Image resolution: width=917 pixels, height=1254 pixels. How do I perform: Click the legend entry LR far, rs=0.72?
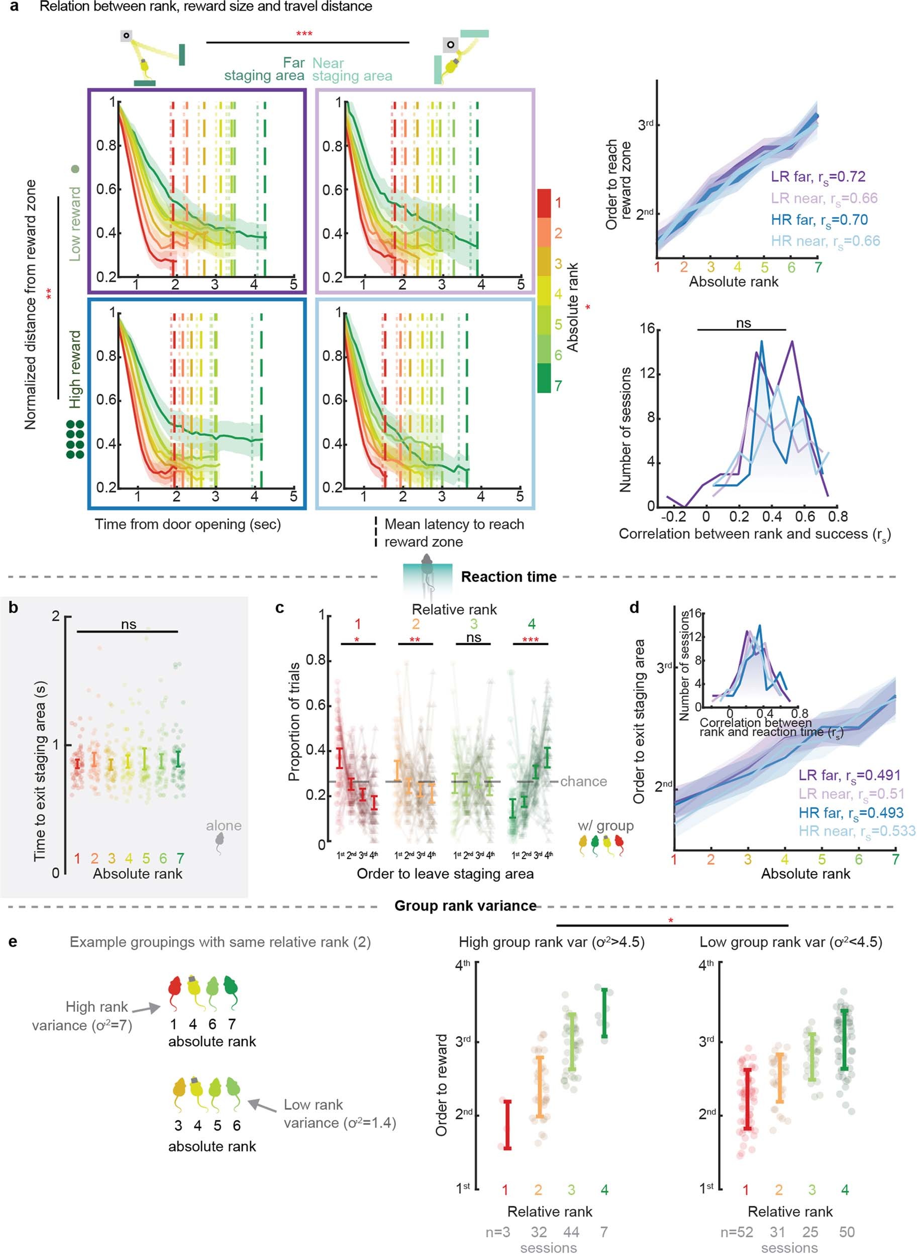[818, 177]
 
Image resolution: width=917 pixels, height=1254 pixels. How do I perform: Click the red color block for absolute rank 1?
[544, 203]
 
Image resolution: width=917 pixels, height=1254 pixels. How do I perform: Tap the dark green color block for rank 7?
[544, 379]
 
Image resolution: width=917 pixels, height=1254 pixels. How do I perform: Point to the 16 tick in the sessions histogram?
[647, 328]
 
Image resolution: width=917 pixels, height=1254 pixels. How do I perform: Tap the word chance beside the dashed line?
[583, 781]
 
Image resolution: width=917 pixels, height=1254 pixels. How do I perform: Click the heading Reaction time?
[508, 577]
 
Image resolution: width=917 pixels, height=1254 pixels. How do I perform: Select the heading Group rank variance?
[465, 906]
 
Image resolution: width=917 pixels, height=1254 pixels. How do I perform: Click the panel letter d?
[634, 608]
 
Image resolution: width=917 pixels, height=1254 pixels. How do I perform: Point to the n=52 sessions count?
[737, 1232]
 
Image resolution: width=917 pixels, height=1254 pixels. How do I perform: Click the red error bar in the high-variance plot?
[507, 1125]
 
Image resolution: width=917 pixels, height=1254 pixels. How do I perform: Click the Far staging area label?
[265, 69]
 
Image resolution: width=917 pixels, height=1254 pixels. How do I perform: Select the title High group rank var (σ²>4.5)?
[551, 942]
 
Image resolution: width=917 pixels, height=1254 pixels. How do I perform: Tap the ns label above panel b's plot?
[128, 624]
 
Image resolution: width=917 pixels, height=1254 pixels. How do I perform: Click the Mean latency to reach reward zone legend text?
[454, 533]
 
